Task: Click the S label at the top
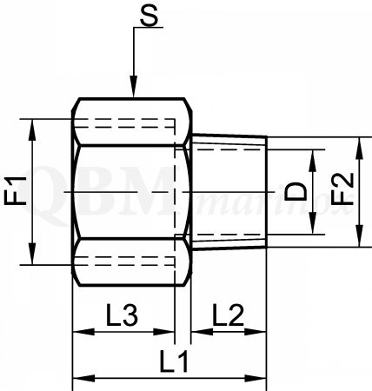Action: [149, 15]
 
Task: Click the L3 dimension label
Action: [122, 315]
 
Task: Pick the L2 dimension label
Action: [229, 315]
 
